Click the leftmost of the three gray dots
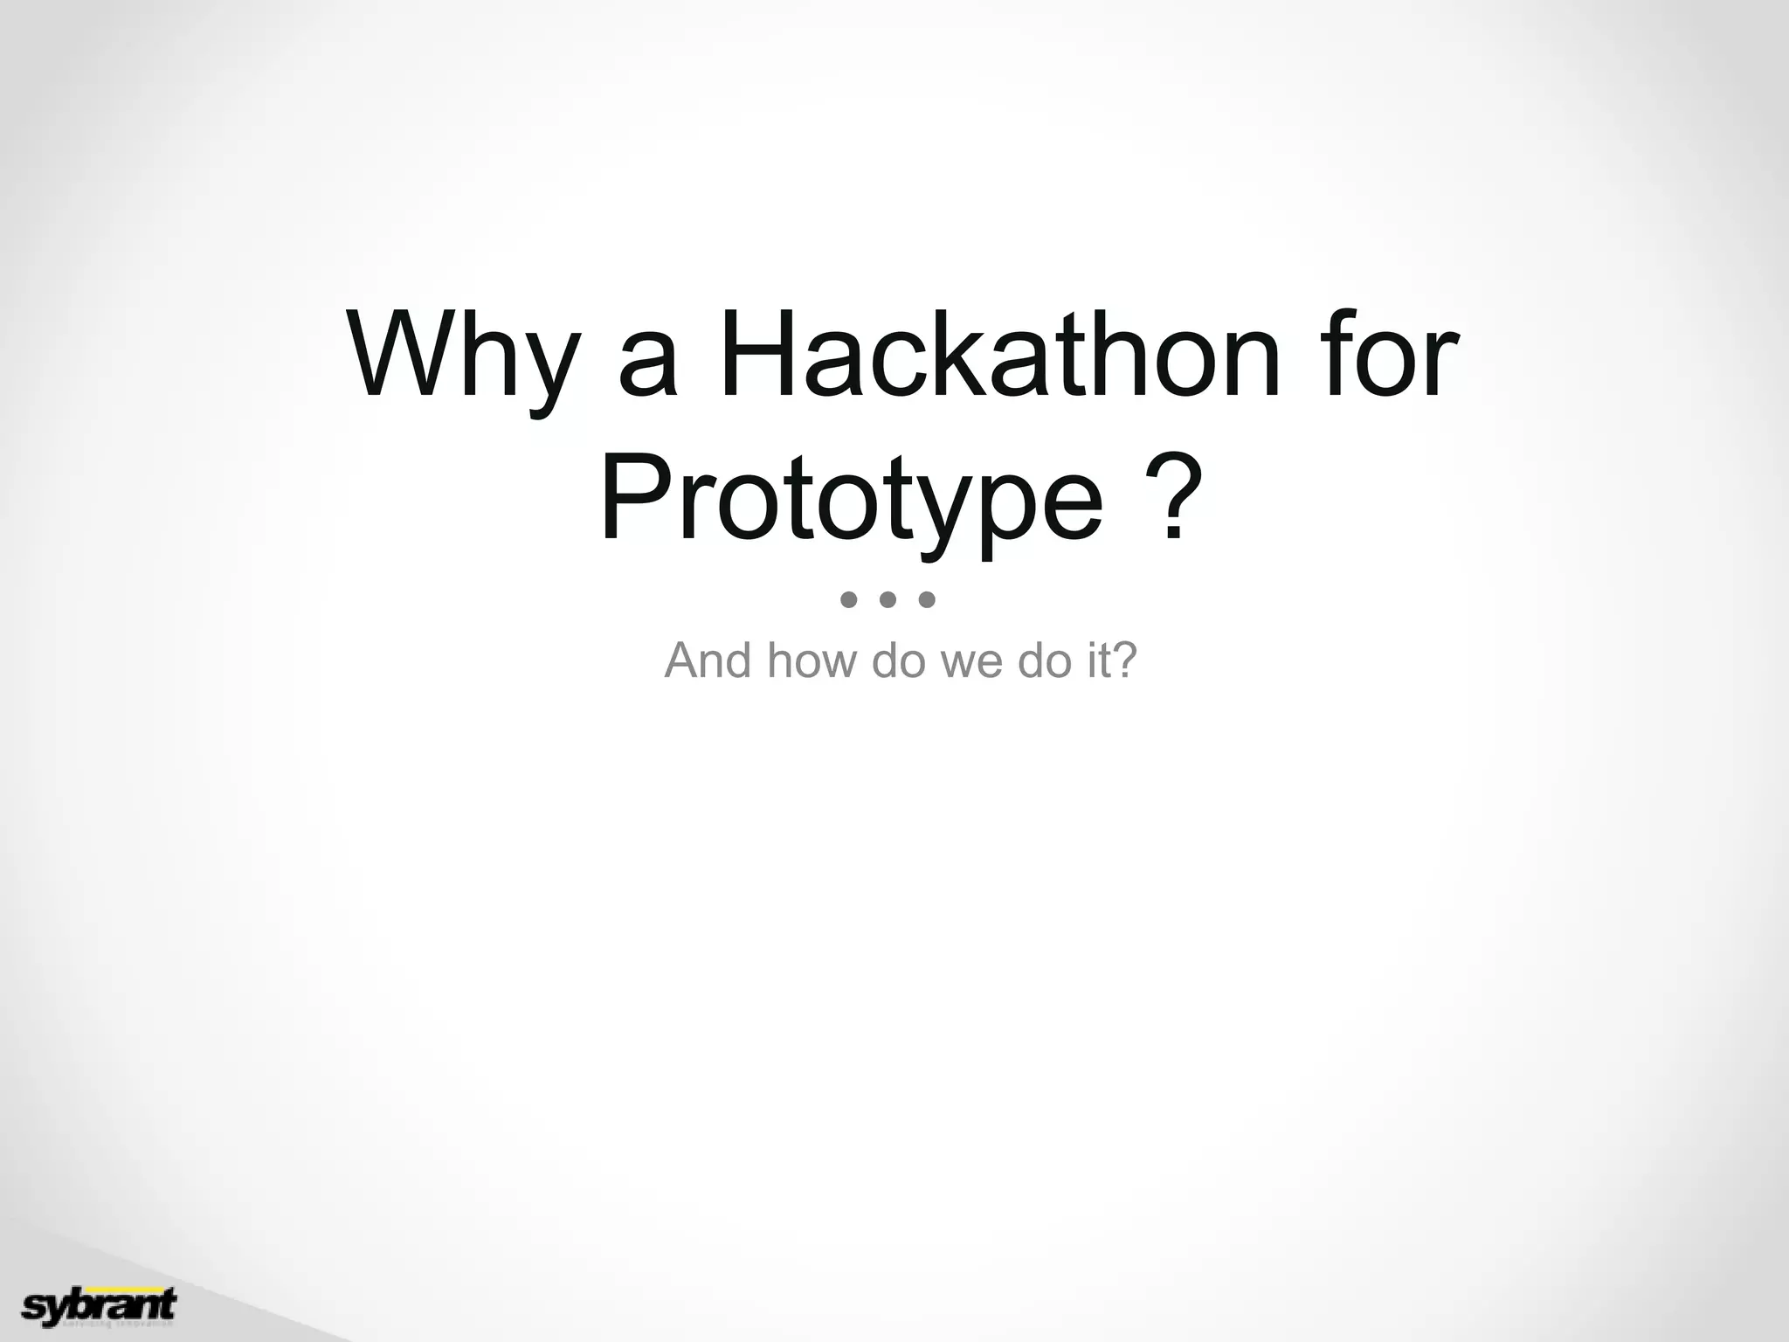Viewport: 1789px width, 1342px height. [x=848, y=599]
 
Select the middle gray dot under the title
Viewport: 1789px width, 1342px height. [x=888, y=599]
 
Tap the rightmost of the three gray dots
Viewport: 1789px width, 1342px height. [x=928, y=599]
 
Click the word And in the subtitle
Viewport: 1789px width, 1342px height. [x=708, y=661]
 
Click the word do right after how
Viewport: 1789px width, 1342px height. [x=899, y=661]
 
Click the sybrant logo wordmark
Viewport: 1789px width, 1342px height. [x=98, y=1305]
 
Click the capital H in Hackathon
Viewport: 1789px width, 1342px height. [x=755, y=354]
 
